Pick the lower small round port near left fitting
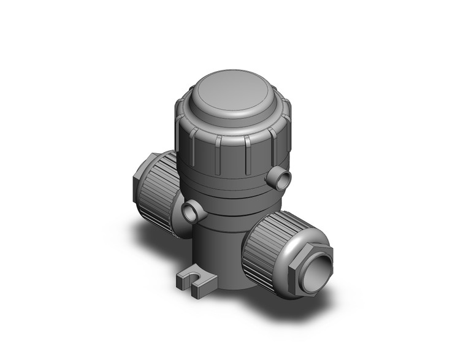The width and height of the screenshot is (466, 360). (191, 212)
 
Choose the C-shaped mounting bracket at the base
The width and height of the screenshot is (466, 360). (196, 282)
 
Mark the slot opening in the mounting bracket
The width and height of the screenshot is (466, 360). (198, 284)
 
